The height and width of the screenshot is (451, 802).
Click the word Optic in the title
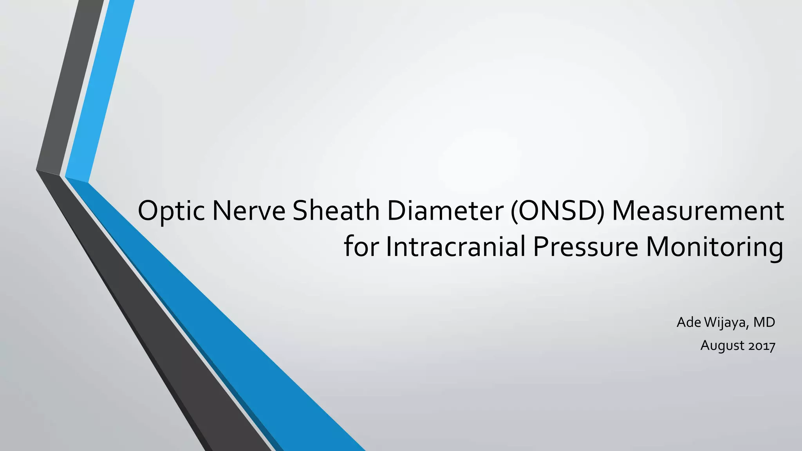[x=172, y=211]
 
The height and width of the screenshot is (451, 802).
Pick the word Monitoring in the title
[x=714, y=247]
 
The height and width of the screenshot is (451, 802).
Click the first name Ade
[x=689, y=322]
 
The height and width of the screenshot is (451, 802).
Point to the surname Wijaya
[x=726, y=323]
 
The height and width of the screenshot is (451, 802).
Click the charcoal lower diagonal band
[x=157, y=333]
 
